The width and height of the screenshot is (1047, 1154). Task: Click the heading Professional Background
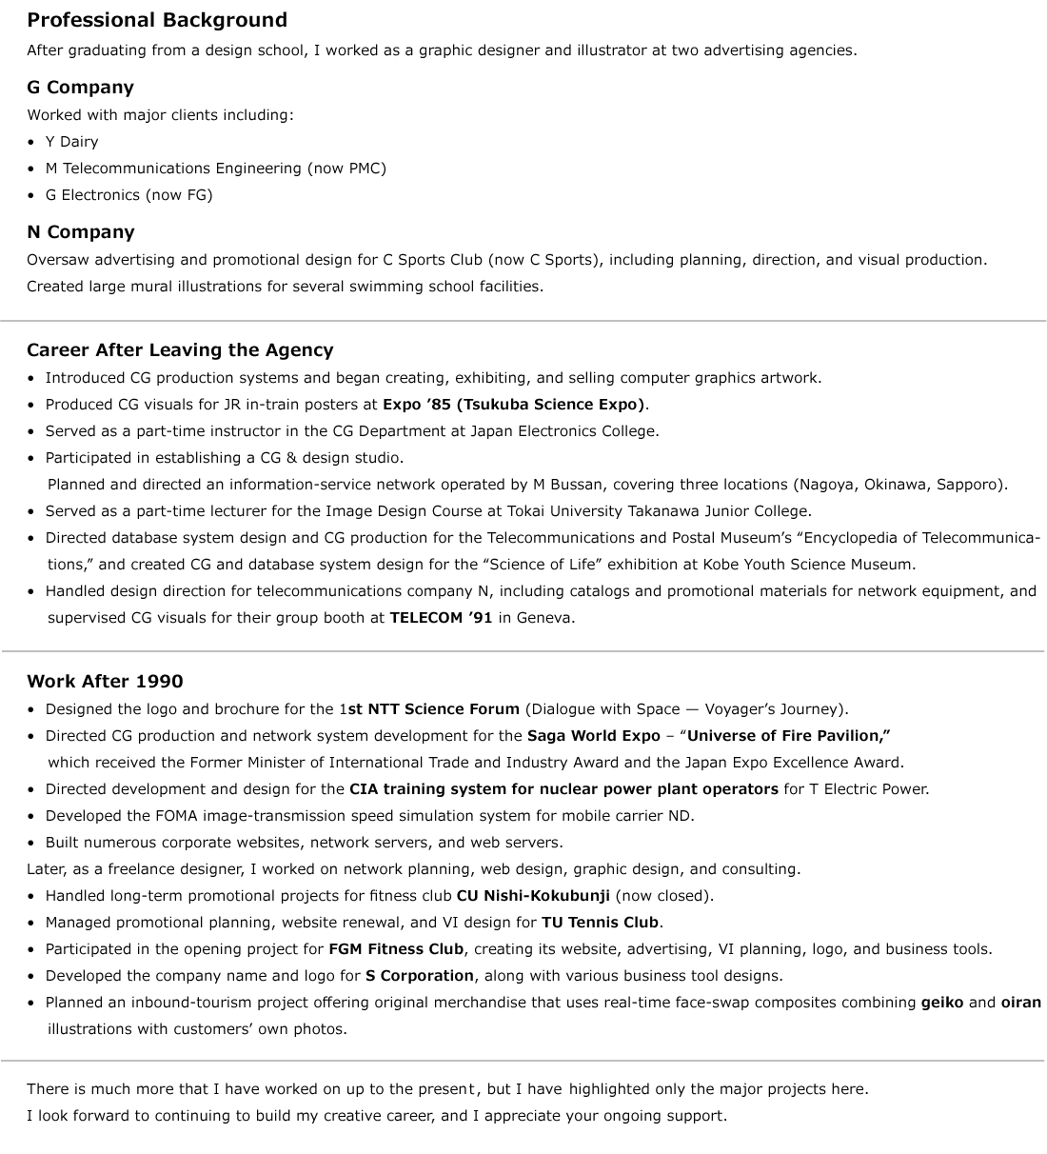[x=157, y=20]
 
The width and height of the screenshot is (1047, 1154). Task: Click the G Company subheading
[x=80, y=88]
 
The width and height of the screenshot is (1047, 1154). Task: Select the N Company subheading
[x=81, y=232]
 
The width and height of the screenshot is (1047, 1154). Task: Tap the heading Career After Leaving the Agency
[x=180, y=350]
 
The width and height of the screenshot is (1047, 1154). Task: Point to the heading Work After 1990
[x=105, y=682]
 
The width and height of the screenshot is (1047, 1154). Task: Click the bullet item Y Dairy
[x=71, y=142]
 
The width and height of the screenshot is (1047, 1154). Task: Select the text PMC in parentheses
[x=366, y=169]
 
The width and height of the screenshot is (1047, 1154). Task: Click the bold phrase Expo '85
[x=417, y=405]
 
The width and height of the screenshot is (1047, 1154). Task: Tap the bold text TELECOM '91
[x=441, y=618]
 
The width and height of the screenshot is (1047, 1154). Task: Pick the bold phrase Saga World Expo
[x=593, y=736]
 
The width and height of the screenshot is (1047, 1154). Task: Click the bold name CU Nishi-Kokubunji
[x=533, y=896]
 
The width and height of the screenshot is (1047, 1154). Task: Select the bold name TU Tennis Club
[x=600, y=923]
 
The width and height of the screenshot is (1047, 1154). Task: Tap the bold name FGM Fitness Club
[x=396, y=949]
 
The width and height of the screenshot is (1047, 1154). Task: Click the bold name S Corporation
[x=419, y=976]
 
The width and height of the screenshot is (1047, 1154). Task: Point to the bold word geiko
[x=941, y=1003]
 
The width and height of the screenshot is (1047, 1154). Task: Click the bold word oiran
[x=1020, y=1003]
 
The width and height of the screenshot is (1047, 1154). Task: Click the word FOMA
[x=176, y=816]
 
